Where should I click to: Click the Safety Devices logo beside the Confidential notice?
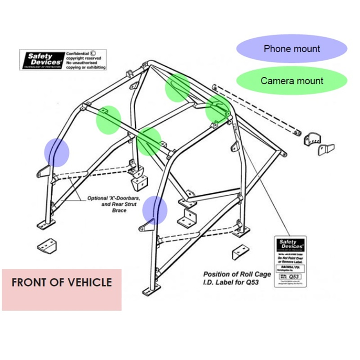41,60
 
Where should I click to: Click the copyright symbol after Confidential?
93,54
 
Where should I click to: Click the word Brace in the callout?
119,211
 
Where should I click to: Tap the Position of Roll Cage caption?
237,274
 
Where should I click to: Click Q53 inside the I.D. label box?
296,275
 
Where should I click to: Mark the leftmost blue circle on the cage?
57,152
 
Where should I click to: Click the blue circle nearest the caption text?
155,209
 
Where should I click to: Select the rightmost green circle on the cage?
218,108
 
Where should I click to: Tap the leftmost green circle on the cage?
108,119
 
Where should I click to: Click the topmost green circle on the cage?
178,88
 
